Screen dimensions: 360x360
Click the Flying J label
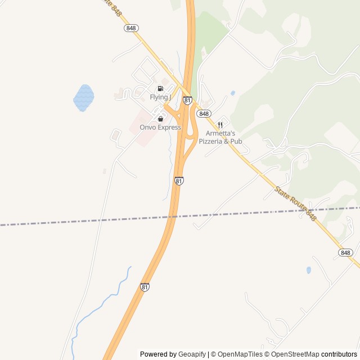point(159,97)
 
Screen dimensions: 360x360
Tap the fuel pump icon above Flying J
point(160,89)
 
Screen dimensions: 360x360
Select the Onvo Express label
point(160,128)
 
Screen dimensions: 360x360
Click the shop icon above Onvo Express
point(160,119)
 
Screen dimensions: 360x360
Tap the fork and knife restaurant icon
point(220,125)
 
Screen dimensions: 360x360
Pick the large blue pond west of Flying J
point(83,97)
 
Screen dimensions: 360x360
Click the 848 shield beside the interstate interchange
point(204,113)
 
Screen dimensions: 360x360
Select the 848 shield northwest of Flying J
point(132,28)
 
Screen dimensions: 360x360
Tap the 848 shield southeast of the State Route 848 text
point(345,253)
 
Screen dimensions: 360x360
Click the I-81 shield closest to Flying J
point(187,100)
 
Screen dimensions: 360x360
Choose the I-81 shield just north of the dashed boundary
point(178,181)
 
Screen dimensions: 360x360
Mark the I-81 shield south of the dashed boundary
point(145,287)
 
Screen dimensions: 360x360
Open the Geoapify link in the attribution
point(192,354)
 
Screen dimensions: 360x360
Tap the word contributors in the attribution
point(339,354)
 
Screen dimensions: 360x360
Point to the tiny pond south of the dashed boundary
point(309,270)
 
